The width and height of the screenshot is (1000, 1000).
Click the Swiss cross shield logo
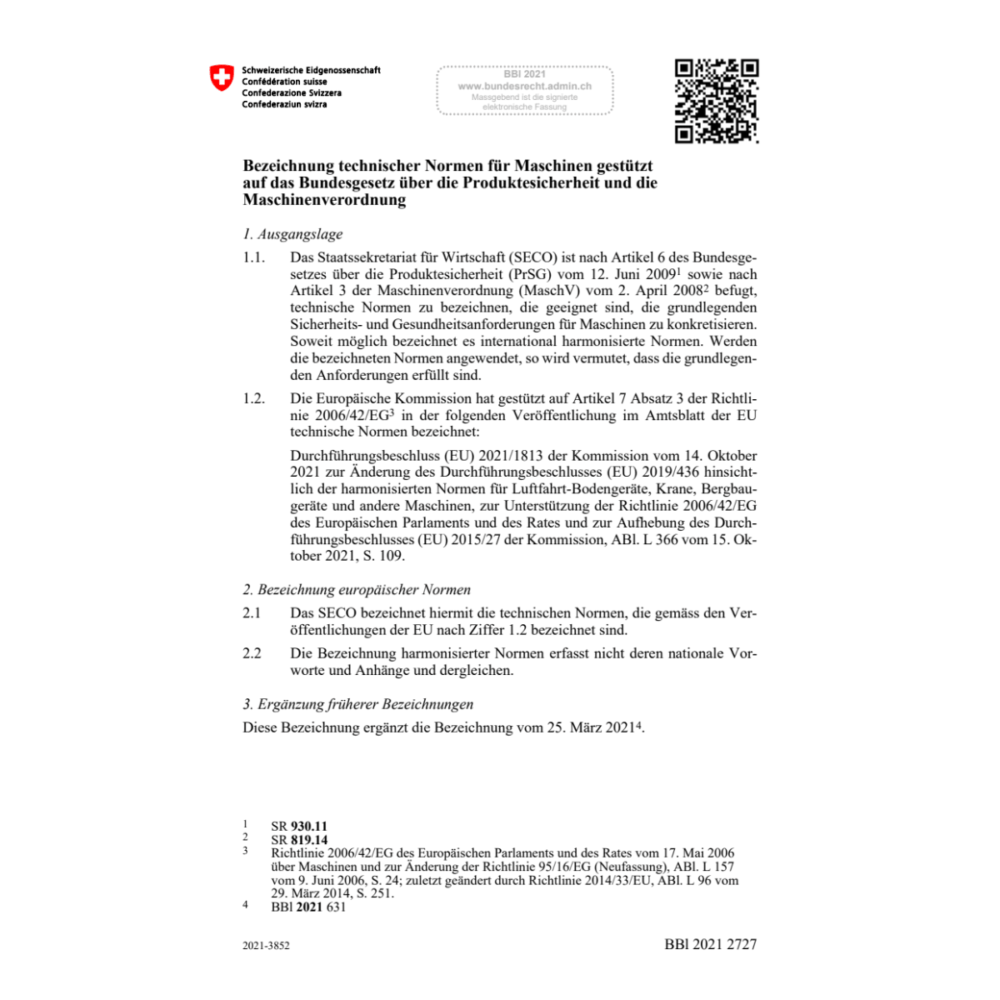[222, 79]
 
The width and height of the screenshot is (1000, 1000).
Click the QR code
[716, 101]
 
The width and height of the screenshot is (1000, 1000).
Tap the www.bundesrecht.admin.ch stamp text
[525, 86]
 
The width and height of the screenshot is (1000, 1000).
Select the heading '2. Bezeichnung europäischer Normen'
[357, 589]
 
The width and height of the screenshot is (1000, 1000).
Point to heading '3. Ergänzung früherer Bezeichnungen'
[357, 704]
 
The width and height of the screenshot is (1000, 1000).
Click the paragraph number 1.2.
[254, 398]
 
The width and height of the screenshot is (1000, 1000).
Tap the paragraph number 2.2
[252, 653]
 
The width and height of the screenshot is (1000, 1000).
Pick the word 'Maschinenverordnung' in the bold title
[324, 200]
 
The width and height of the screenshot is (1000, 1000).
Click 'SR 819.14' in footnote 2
[299, 840]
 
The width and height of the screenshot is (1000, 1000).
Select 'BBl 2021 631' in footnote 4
[308, 907]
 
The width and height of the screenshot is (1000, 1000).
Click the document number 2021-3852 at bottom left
[266, 947]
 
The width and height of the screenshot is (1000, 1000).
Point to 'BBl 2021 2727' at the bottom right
[710, 944]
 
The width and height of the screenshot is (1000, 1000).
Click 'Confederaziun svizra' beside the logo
[284, 104]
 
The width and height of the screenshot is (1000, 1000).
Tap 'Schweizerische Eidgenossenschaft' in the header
[311, 71]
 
